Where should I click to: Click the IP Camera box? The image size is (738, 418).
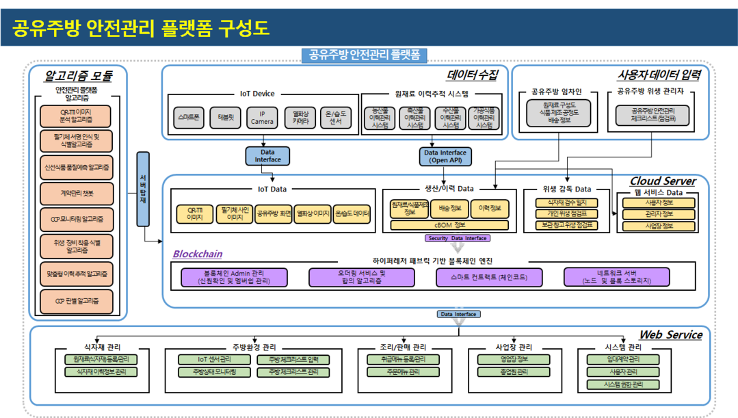pos(262,118)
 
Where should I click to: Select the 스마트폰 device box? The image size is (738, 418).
pos(187,117)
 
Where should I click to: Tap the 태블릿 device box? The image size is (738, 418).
pos(225,117)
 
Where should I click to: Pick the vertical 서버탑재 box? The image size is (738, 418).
pos(142,189)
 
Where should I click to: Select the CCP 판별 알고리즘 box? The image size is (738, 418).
pos(76,300)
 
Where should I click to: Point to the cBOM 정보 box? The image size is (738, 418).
pos(449,224)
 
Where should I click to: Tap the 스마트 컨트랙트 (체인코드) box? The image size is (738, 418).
pos(481,276)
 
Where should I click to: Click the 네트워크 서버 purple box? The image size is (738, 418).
pos(607,276)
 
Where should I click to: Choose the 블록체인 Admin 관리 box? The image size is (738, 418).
pos(234,276)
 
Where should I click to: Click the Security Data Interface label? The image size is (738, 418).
pos(458,238)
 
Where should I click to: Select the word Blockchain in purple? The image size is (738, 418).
pos(197,254)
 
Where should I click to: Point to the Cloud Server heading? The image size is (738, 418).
pos(662,181)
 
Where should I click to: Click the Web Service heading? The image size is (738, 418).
pos(670,335)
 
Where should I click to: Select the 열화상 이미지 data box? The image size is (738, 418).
pos(313,214)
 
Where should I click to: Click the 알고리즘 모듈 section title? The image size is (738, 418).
pos(78,75)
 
